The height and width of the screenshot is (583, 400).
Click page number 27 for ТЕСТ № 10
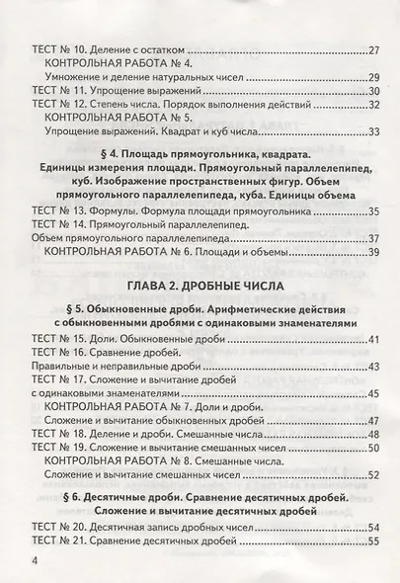point(373,48)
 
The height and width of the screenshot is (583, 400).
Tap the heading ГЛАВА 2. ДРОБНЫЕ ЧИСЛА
point(204,287)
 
